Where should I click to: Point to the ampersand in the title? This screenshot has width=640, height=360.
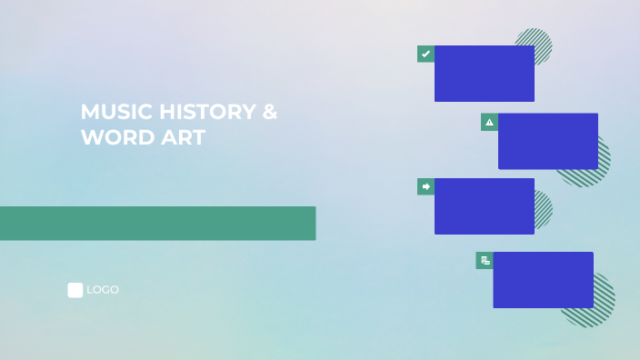[270, 112]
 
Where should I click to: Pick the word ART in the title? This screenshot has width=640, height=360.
[179, 137]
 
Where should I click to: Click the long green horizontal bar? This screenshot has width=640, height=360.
[157, 223]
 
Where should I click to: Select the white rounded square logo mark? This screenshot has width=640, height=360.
[75, 290]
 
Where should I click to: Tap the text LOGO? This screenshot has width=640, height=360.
[103, 290]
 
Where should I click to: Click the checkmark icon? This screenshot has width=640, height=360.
[425, 54]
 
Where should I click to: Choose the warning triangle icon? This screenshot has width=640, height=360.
[489, 122]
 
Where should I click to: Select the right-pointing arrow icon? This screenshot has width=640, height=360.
[425, 186]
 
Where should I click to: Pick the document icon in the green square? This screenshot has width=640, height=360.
[485, 260]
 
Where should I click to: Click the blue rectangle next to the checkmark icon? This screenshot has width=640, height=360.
[485, 74]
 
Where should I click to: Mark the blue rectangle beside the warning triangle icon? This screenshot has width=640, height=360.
[548, 141]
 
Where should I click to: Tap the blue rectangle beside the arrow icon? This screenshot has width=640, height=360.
[485, 206]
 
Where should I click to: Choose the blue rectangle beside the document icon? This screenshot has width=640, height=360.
[543, 280]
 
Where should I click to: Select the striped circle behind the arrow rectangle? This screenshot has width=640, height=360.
[544, 209]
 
